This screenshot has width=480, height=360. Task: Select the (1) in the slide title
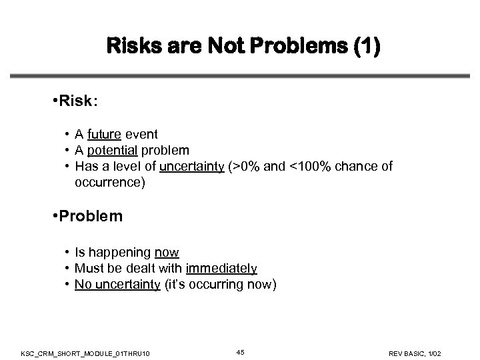pos(365,49)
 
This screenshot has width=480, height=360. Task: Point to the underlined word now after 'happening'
pos(167,253)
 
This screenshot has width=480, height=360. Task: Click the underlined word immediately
pos(221,269)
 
